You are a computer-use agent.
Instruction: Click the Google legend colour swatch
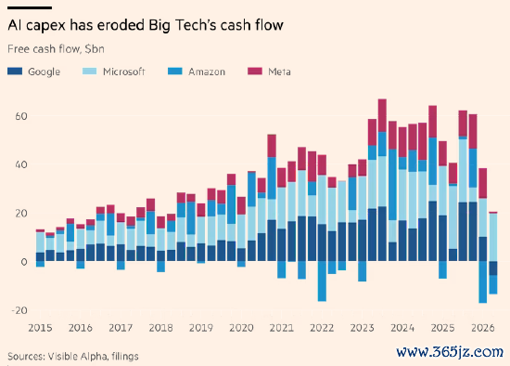tap(15, 71)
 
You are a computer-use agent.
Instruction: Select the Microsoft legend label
tap(124, 72)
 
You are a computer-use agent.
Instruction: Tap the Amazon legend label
tap(207, 72)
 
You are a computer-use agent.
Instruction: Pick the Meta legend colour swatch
tap(255, 71)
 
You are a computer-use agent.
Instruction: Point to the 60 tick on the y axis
tap(21, 116)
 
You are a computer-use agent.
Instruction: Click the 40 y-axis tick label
tap(21, 164)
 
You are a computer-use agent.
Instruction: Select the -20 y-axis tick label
tap(19, 310)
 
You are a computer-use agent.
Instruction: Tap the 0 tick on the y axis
tap(24, 262)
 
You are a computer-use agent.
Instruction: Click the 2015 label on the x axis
tap(40, 328)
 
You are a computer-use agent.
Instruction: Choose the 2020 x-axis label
tap(241, 328)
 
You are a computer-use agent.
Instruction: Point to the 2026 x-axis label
tap(483, 328)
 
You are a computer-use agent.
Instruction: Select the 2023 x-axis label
tap(362, 328)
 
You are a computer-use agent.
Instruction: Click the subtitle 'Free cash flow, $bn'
tap(56, 49)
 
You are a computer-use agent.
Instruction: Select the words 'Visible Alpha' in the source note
tap(77, 356)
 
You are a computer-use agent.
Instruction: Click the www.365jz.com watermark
tap(450, 352)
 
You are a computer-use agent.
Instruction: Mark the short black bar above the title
tap(30, 7)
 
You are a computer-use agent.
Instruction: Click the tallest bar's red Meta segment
tap(382, 115)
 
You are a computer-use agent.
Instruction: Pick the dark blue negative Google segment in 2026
tap(493, 268)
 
